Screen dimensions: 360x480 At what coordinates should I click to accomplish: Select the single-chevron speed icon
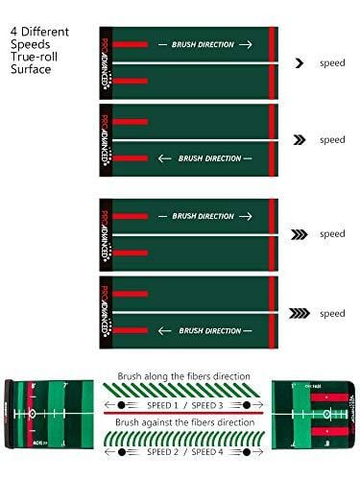299,62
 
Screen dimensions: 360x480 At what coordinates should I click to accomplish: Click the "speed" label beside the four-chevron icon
332,313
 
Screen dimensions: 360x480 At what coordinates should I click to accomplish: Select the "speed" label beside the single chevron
332,62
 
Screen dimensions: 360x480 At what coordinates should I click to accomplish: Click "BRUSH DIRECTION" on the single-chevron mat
203,44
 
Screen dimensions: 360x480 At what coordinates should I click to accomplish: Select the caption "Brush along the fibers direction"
182,375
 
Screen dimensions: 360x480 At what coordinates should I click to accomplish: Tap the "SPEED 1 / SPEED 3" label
183,404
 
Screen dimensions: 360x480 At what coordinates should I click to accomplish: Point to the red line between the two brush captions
182,414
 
